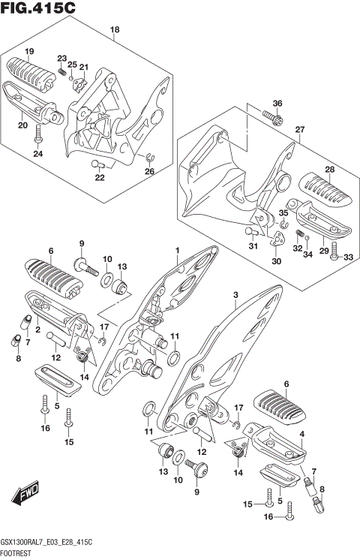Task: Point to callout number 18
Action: pyautogui.click(x=114, y=30)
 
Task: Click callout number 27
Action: pyautogui.click(x=299, y=130)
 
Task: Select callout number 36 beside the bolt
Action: pyautogui.click(x=277, y=103)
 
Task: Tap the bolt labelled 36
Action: pyautogui.click(x=272, y=117)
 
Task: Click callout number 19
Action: pyautogui.click(x=29, y=51)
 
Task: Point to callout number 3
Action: pyautogui.click(x=235, y=295)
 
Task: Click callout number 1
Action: pyautogui.click(x=177, y=250)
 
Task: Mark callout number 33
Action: pyautogui.click(x=347, y=257)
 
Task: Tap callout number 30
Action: pyautogui.click(x=277, y=261)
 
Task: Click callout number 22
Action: pyautogui.click(x=99, y=178)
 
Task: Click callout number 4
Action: pyautogui.click(x=301, y=434)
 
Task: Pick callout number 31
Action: pyautogui.click(x=253, y=247)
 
